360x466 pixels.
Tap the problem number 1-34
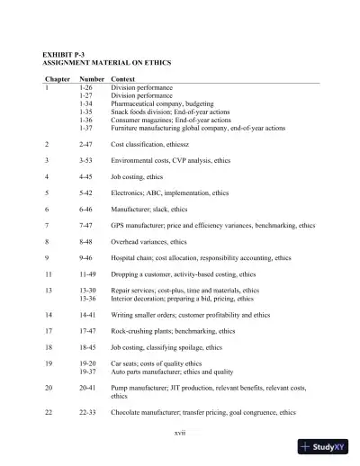[x=86, y=103]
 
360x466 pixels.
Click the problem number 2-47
[x=86, y=143]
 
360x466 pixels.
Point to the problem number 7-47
[x=86, y=225]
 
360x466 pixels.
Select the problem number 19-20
[x=88, y=363]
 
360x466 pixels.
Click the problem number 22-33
[x=88, y=412]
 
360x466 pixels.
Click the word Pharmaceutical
[x=134, y=103]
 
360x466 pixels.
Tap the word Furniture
[x=125, y=128]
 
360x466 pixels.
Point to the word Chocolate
[x=128, y=412]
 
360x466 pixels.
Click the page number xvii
[x=179, y=433]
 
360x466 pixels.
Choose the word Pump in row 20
[x=120, y=387]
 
